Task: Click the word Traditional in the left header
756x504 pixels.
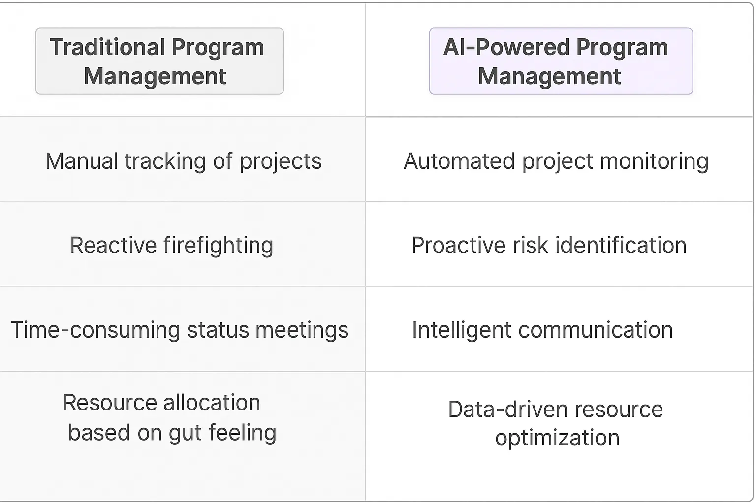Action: coord(107,48)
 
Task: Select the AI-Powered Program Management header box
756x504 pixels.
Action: coord(561,61)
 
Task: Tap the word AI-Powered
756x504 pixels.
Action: coord(506,48)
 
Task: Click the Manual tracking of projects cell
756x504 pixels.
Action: coord(183,161)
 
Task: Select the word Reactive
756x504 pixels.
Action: coord(113,246)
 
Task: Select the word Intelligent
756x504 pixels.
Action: coord(461,330)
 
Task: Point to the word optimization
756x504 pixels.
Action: coord(557,438)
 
